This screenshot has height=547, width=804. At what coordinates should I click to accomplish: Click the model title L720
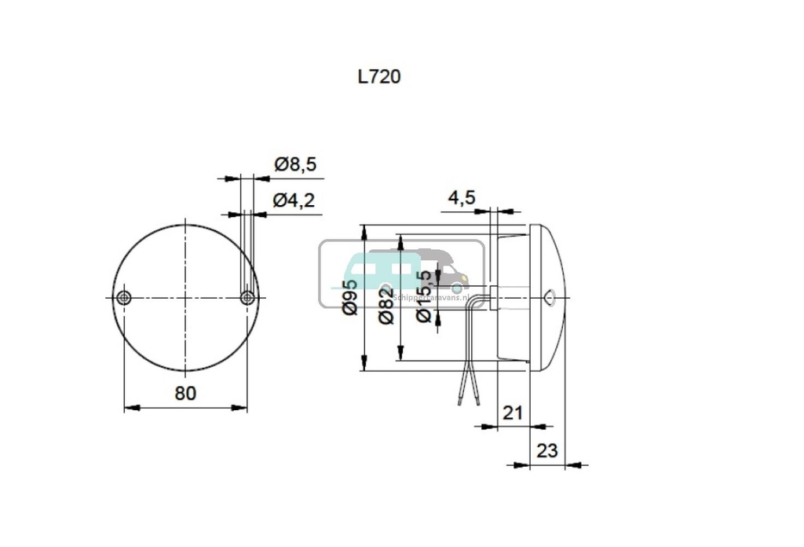[x=378, y=77]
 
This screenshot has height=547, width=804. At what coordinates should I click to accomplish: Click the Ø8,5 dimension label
[x=294, y=164]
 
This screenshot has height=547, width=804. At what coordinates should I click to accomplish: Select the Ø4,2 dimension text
[x=294, y=200]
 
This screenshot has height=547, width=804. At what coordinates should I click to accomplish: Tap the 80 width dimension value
[x=185, y=393]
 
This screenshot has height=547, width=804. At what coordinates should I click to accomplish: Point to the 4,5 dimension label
[x=462, y=197]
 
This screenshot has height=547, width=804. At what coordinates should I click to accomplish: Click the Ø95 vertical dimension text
[x=350, y=297]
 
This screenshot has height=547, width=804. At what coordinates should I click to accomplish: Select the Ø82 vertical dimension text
[x=385, y=307]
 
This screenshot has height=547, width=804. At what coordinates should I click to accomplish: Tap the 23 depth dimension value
[x=546, y=450]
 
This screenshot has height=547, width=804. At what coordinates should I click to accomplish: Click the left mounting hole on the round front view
[x=123, y=298]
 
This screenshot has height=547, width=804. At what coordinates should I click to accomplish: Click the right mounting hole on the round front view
[x=247, y=298]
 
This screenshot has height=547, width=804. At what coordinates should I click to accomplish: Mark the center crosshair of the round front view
[x=185, y=298]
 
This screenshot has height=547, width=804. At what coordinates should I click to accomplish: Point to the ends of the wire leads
[x=467, y=402]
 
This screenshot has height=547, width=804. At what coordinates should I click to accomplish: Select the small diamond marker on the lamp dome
[x=550, y=297]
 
